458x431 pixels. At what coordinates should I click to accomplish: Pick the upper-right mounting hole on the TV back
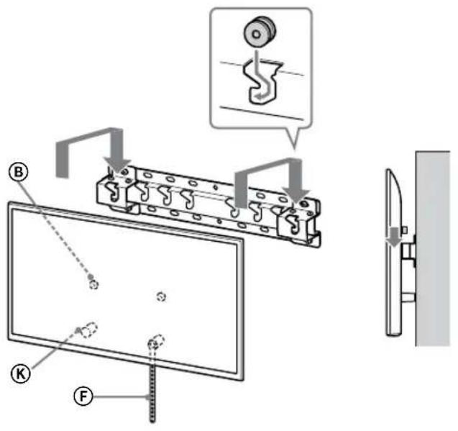pos(161,295)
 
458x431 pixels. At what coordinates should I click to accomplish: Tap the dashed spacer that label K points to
pos(88,330)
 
